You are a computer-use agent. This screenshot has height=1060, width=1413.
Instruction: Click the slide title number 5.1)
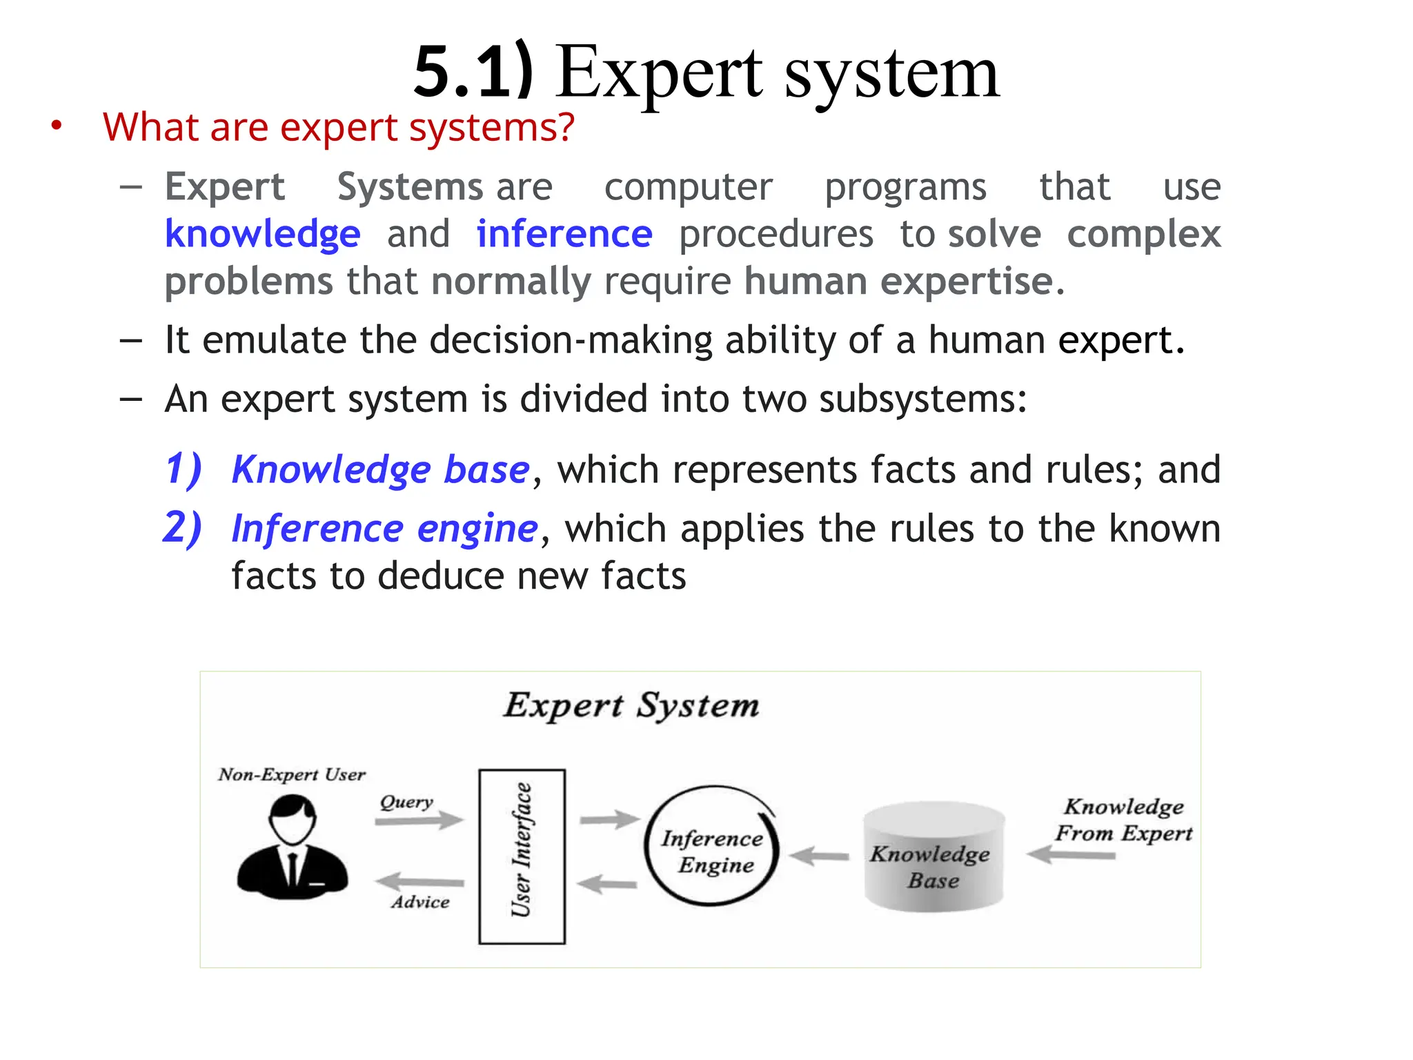474,72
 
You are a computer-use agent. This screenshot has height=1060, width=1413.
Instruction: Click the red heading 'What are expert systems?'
338,128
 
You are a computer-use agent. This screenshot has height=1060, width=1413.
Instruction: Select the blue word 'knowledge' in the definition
262,234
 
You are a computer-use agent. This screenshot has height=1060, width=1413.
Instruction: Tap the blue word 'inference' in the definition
564,234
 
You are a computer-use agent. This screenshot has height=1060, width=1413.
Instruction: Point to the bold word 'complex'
1143,234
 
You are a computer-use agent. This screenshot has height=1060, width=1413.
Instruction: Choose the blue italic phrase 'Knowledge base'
380,470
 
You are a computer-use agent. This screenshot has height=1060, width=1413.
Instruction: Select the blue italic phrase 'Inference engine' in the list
384,529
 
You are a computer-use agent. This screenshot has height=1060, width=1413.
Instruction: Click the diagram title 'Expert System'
631,706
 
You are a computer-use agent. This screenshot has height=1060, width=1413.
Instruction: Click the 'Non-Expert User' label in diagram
291,775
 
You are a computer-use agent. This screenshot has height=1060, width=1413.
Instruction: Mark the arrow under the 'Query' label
419,821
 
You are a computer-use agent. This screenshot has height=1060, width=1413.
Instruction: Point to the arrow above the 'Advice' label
419,881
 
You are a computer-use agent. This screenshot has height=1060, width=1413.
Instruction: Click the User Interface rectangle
522,856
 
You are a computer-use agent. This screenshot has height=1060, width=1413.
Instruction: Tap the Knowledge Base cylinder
933,856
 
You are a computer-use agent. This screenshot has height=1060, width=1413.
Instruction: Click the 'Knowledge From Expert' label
1123,820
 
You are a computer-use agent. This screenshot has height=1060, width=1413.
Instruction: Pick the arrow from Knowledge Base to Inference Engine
819,856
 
